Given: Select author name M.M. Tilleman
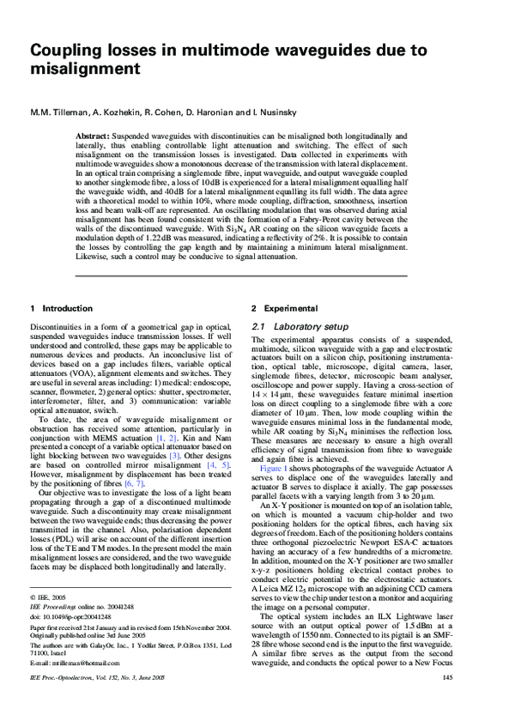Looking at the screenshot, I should click(x=61, y=112).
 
